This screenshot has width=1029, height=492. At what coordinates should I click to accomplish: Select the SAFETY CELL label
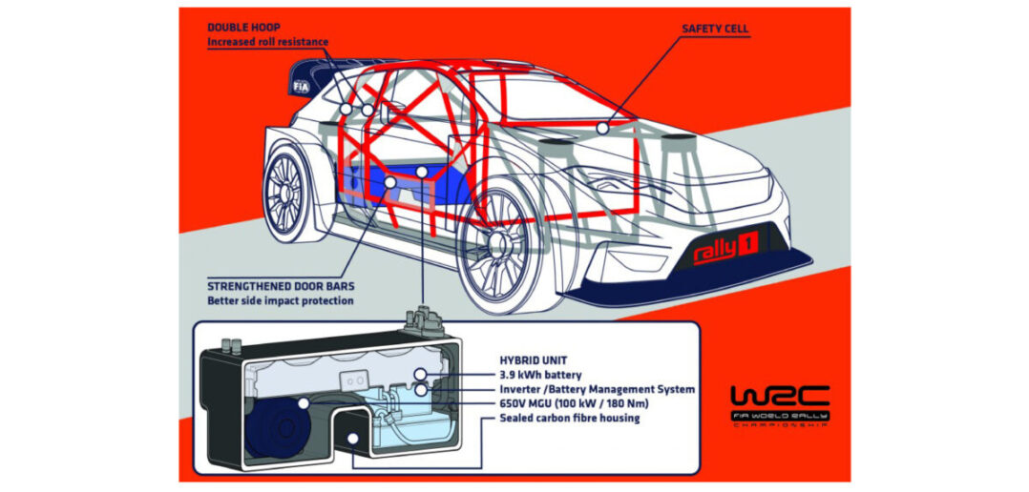[x=715, y=29]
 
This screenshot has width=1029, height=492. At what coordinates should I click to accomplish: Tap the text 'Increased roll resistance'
[x=268, y=43]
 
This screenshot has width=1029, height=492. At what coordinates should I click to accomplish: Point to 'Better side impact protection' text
[x=281, y=301]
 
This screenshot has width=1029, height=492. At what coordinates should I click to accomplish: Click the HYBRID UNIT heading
[x=526, y=360]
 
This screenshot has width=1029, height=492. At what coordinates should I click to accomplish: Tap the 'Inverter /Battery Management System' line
[x=598, y=389]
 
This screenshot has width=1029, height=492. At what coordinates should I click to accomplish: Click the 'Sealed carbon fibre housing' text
[x=570, y=418]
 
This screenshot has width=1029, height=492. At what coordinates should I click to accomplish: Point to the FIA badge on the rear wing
[x=301, y=85]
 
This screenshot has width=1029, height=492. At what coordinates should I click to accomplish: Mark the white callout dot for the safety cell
[x=602, y=126]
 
